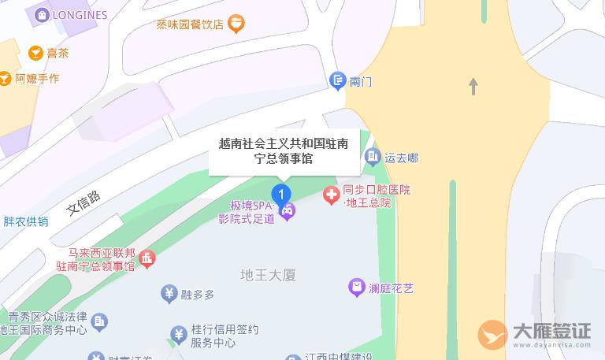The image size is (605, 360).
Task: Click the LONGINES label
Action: pyautogui.click(x=80, y=14)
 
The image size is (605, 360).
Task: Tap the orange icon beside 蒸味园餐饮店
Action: pyautogui.click(x=235, y=24)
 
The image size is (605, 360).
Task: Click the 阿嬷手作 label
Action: pyautogui.click(x=37, y=78)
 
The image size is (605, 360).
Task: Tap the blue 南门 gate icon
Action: pyautogui.click(x=337, y=80)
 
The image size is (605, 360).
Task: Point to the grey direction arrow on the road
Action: pyautogui.click(x=473, y=86)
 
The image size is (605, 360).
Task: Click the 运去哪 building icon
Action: pyautogui.click(x=373, y=158)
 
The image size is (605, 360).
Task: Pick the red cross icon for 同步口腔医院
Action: pyautogui.click(x=332, y=195)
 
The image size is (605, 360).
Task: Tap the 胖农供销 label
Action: pyautogui.click(x=26, y=221)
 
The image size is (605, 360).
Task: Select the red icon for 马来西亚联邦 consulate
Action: pyautogui.click(x=147, y=258)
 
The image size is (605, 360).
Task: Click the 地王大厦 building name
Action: pyautogui.click(x=267, y=275)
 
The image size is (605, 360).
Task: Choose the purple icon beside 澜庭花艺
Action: pyautogui.click(x=358, y=288)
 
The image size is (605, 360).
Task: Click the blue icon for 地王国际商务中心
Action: pyautogui.click(x=99, y=322)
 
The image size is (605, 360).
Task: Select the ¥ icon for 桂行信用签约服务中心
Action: pyautogui.click(x=179, y=336)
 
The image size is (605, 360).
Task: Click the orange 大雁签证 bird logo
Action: pyautogui.click(x=493, y=335)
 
